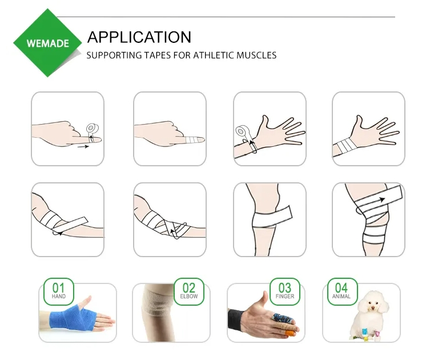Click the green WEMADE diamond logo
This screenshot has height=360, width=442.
click(x=47, y=43)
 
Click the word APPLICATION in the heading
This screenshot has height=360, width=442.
click(x=139, y=37)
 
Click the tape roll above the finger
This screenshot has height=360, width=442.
click(x=91, y=127)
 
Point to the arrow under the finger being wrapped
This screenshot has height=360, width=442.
click(x=83, y=147)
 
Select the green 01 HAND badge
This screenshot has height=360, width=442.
click(x=59, y=291)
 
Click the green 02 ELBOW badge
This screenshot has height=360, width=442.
click(x=188, y=291)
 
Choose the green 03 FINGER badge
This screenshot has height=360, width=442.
click(x=284, y=291)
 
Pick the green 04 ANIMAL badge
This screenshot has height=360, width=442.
click(x=341, y=291)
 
